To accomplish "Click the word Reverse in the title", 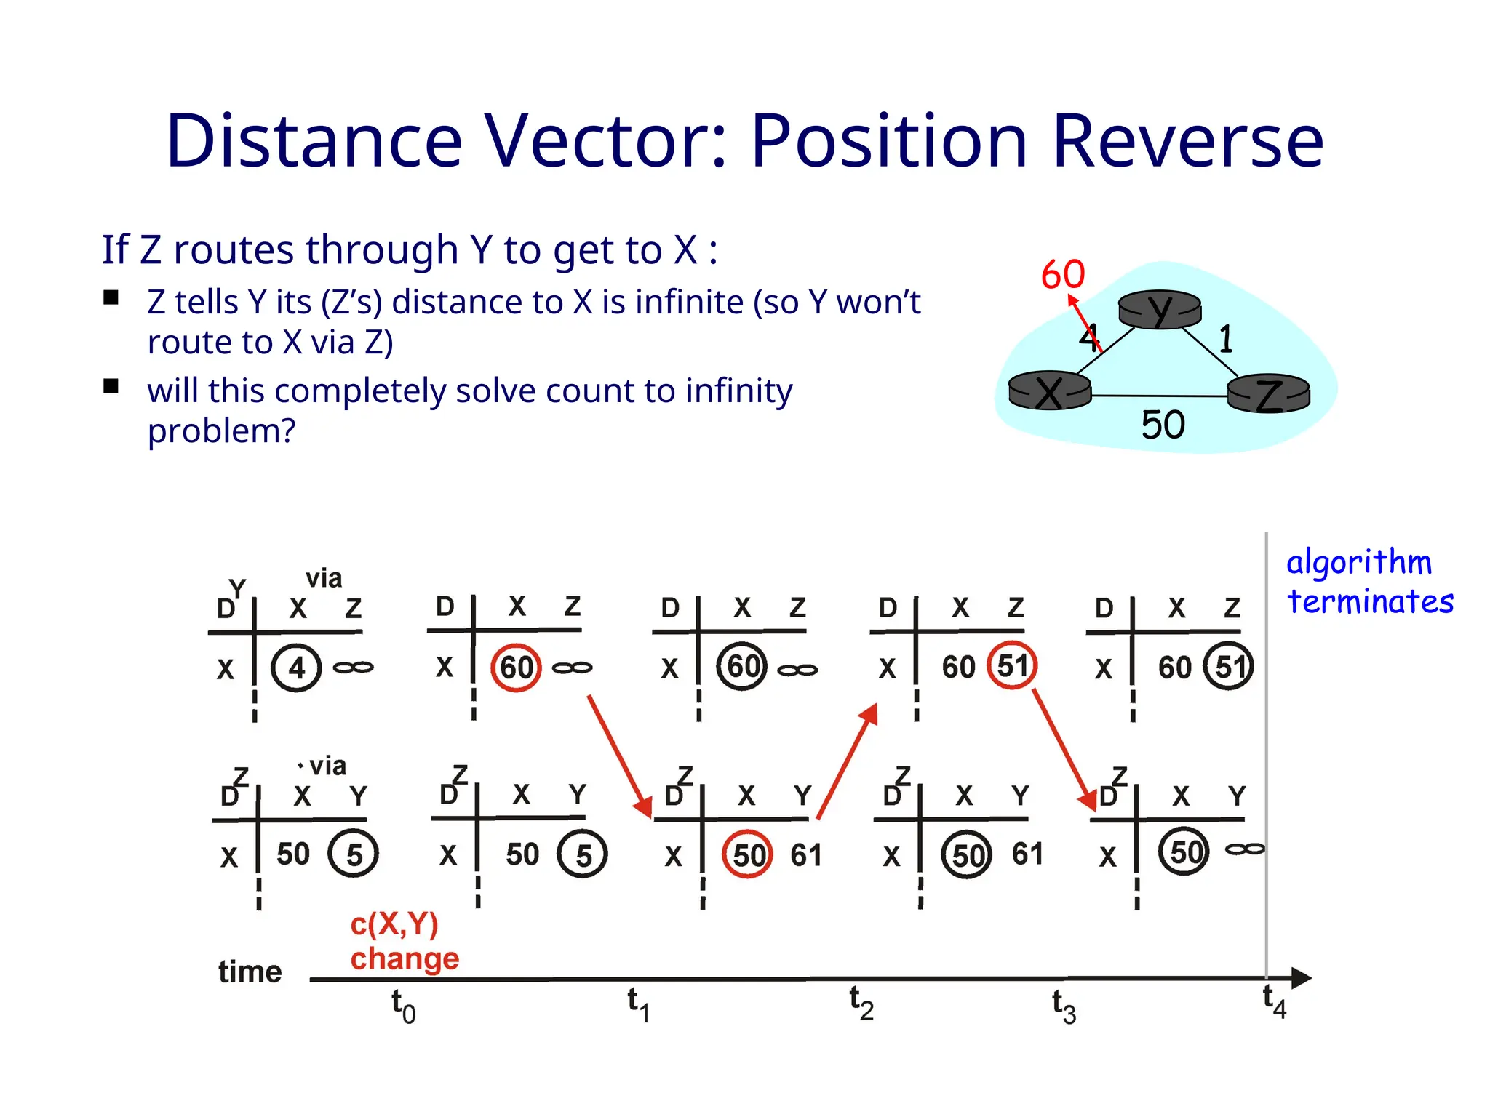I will (1187, 141).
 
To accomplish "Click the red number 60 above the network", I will (1062, 275).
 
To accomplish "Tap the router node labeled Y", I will (1160, 310).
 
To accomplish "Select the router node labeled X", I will (1050, 391).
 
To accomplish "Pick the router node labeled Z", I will (1268, 395).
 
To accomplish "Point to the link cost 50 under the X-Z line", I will (1163, 425).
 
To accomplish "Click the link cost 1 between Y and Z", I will (1226, 339).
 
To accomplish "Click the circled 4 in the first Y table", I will (296, 668).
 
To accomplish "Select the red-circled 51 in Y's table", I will (1011, 665).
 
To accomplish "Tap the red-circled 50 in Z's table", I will (747, 854).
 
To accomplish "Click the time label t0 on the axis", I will (403, 1006).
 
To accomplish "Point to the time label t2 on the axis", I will (861, 1004).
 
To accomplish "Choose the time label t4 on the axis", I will (1274, 1002).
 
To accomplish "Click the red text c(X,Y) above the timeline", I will (394, 924).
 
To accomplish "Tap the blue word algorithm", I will (1358, 563).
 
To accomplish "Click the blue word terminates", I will (1370, 602).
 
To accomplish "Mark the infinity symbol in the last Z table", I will (1245, 849).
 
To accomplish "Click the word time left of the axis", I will (250, 972).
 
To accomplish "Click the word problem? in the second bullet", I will (221, 431).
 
